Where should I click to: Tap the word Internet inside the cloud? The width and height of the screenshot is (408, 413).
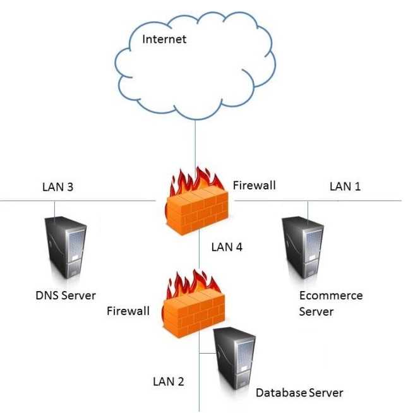(164, 39)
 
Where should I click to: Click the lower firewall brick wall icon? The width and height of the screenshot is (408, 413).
(192, 313)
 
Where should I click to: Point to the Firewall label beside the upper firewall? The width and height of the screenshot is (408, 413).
(254, 186)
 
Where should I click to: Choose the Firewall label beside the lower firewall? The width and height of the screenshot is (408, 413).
(128, 311)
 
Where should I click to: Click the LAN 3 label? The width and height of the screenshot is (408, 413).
(58, 187)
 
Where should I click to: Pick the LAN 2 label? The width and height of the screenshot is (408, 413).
(168, 381)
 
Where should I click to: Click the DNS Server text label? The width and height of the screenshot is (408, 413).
(66, 295)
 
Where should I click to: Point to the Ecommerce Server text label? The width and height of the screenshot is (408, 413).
(330, 303)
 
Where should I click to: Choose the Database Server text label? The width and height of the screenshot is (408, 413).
(299, 393)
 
